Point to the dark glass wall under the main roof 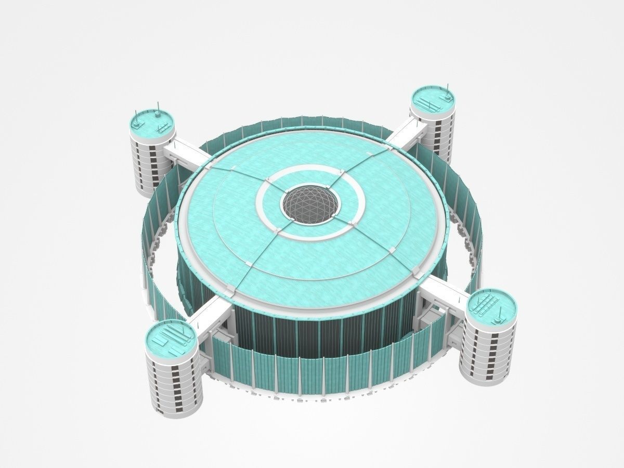[312, 338]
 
